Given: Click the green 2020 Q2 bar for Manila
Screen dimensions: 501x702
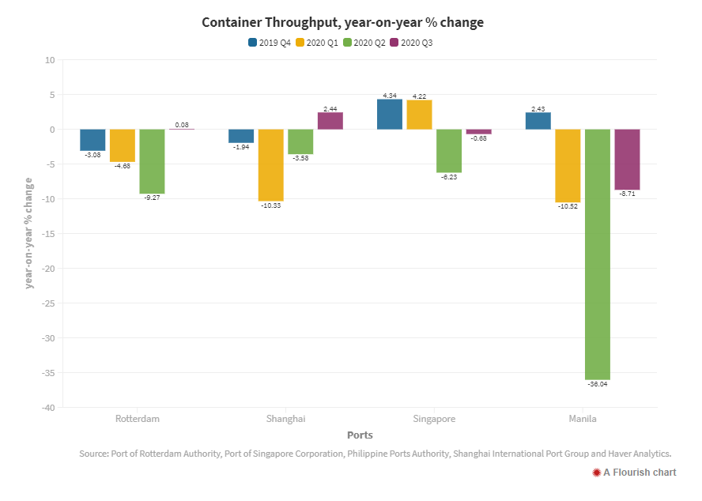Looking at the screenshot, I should pos(597,254).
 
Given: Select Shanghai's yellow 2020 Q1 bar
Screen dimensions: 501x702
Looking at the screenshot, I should pos(270,164).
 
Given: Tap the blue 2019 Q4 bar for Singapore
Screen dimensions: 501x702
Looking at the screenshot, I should pos(389,114).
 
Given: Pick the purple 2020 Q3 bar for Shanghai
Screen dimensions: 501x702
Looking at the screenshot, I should pos(330,121).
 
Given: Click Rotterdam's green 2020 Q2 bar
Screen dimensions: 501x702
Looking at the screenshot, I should pos(152,161).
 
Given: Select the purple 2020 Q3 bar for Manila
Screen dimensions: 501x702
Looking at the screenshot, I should pos(627,159).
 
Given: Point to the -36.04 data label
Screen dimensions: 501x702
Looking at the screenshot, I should pos(598,384).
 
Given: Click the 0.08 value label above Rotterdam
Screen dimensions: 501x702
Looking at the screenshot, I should pos(182,125).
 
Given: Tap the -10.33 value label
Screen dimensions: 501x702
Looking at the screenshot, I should pos(270,205).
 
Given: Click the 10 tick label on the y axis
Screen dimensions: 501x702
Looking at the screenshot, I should pos(50,60).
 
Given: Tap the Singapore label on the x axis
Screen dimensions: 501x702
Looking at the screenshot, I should pos(434,418).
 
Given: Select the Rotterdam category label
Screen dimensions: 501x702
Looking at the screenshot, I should pos(138,418).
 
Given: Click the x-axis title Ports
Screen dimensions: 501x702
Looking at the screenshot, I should pos(360,435).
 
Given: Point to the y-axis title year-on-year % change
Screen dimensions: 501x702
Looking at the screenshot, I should pos(29,234).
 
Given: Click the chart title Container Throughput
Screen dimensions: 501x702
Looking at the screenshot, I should pos(342,23).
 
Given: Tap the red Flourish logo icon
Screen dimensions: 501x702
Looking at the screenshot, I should pos(596,473).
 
